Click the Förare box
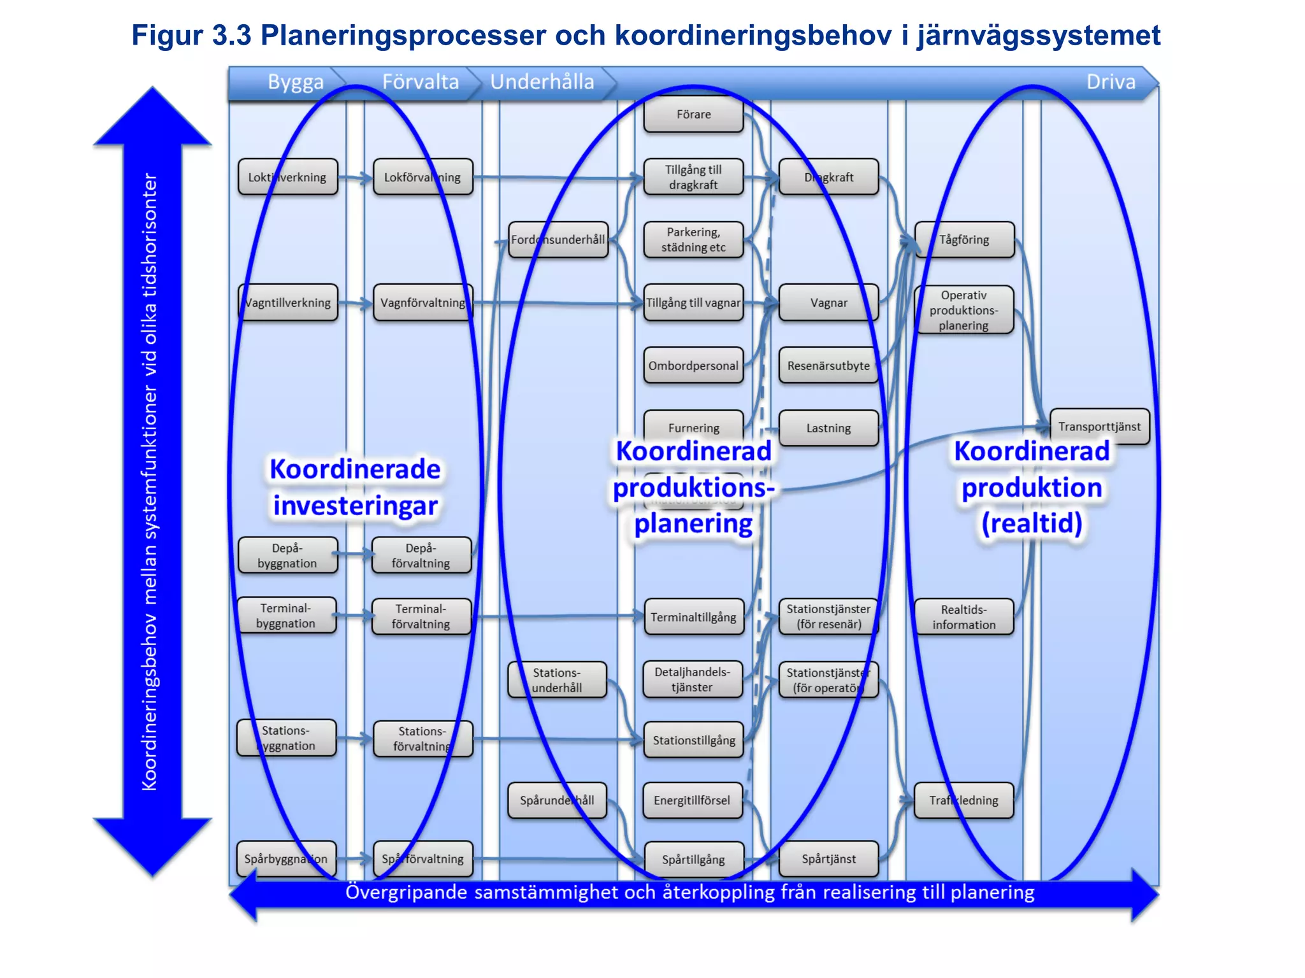693,115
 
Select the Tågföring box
964,240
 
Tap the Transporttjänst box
1099,427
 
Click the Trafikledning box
963,800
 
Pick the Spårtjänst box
828,859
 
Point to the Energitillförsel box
693,800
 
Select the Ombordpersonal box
693,365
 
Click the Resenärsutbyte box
828,365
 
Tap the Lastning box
828,428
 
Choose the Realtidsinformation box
963,617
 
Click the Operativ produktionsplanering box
963,310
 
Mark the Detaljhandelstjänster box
693,679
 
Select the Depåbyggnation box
287,555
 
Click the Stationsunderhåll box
557,680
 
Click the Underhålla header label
542,82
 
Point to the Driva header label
1111,82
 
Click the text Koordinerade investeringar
355,487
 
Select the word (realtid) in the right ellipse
1032,523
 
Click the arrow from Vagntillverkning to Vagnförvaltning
356,304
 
